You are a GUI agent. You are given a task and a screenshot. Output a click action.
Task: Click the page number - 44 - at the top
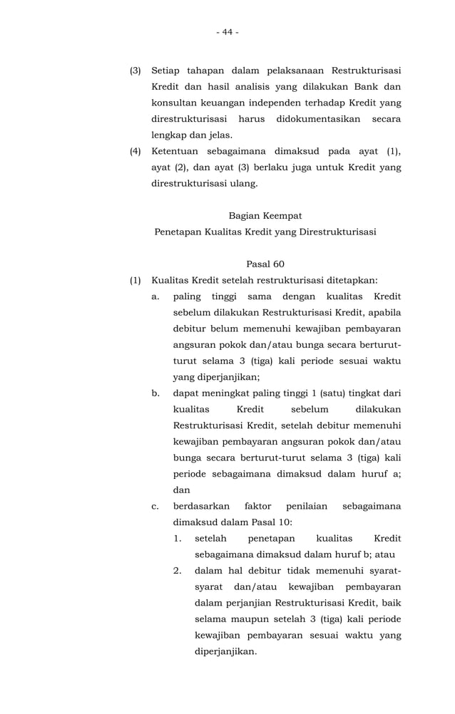pos(227,32)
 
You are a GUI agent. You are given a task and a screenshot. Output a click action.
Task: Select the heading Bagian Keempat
pos(265,215)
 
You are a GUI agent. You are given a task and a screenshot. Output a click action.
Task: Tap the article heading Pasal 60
pos(265,264)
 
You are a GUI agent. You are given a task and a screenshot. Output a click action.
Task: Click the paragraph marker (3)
pos(135,71)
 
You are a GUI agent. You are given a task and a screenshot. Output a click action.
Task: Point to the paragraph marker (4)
pos(135,151)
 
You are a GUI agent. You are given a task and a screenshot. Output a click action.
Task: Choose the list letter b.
pos(155,393)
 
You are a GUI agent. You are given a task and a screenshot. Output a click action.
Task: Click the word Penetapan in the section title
pos(178,232)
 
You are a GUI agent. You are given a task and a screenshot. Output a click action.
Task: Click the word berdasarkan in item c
pos(202,506)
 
